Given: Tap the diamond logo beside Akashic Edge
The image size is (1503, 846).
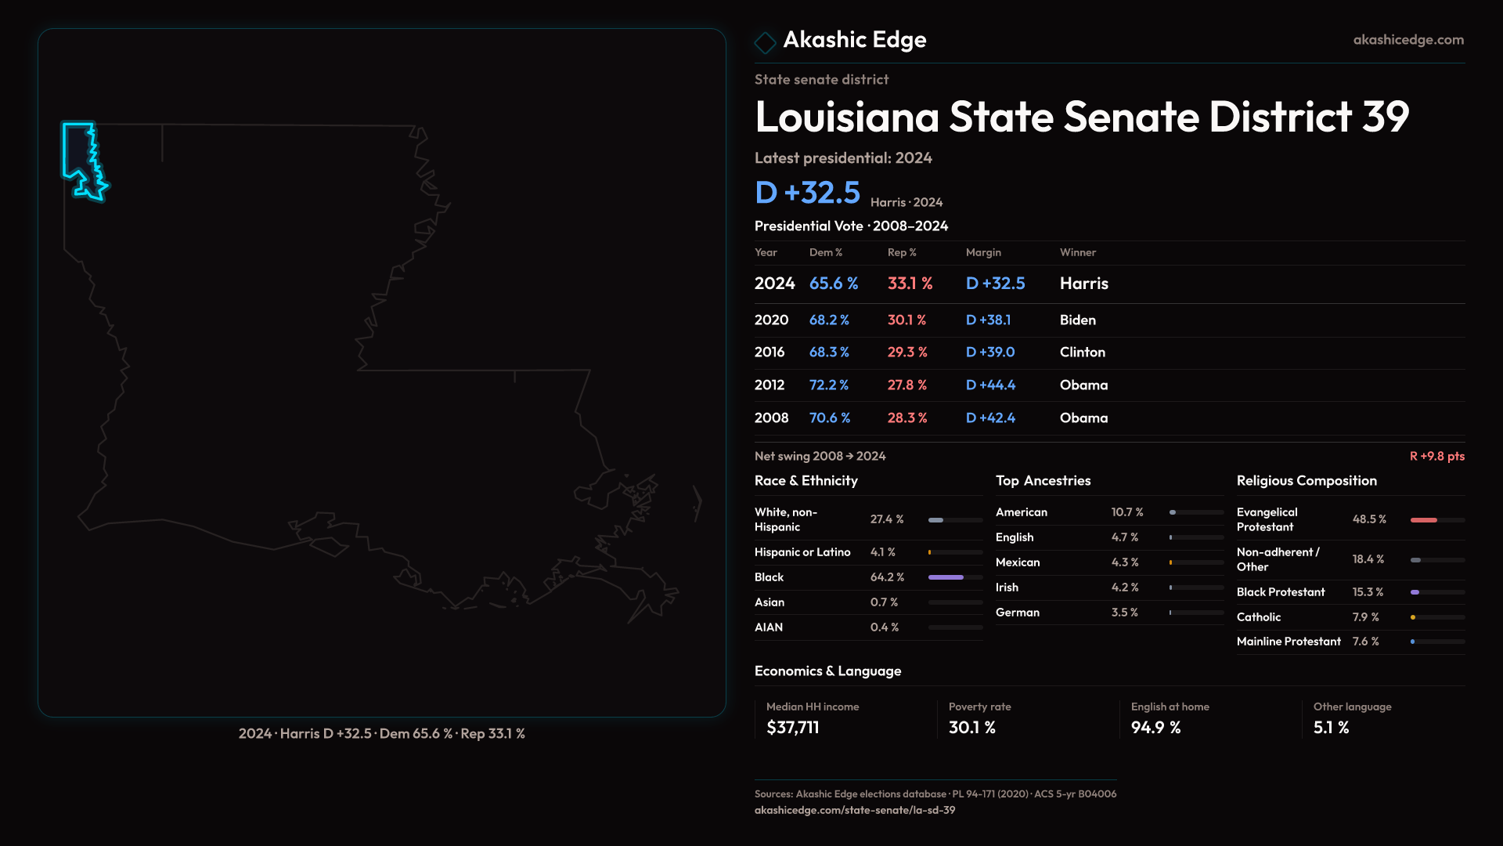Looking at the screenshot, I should (765, 42).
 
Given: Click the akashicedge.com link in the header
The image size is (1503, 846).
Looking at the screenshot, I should (1408, 40).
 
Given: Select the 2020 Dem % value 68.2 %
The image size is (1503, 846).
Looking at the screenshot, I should (829, 320).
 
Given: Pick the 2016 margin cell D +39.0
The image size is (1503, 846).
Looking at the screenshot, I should (990, 352).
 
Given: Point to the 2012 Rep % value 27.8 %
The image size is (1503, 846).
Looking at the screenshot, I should (907, 385).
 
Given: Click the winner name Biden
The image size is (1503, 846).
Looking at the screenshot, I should (1078, 320).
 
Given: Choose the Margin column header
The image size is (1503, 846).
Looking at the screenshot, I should (983, 252).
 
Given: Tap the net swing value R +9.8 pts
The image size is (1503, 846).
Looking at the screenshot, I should (1437, 456).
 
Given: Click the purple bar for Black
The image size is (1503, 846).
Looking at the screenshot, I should (946, 577).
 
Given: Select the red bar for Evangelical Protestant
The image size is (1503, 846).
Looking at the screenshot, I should (1424, 520).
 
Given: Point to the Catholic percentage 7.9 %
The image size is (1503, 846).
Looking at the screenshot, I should (1366, 617).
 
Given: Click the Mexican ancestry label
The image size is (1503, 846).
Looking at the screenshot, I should (1018, 562).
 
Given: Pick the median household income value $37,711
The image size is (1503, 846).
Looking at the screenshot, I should (793, 728).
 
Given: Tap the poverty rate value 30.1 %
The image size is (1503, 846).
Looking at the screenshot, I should (972, 728).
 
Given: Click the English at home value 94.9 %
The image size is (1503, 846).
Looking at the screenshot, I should (1155, 728).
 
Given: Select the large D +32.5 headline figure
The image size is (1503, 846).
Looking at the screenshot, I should (807, 193).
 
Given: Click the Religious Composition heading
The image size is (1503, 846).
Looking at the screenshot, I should (1307, 481).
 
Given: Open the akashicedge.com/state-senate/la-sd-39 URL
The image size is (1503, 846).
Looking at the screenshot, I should (855, 810).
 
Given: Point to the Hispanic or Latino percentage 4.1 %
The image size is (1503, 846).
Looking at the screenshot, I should (883, 552).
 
